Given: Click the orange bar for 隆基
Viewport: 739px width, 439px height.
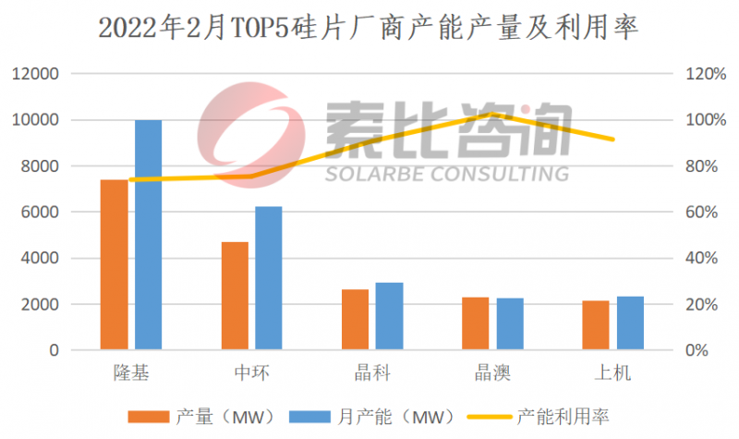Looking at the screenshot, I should (114, 265).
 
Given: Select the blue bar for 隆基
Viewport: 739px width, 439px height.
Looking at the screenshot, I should (148, 236).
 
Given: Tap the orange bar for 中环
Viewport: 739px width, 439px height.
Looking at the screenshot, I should (235, 296).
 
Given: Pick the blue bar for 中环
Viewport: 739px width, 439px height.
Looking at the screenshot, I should (268, 278).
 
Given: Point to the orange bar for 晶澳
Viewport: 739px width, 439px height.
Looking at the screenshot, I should (475, 323).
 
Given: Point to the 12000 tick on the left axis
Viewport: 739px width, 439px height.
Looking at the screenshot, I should (37, 74).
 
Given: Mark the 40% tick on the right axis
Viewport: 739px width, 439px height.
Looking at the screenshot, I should (699, 259).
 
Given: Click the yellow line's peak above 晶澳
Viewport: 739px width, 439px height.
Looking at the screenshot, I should (493, 115).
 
